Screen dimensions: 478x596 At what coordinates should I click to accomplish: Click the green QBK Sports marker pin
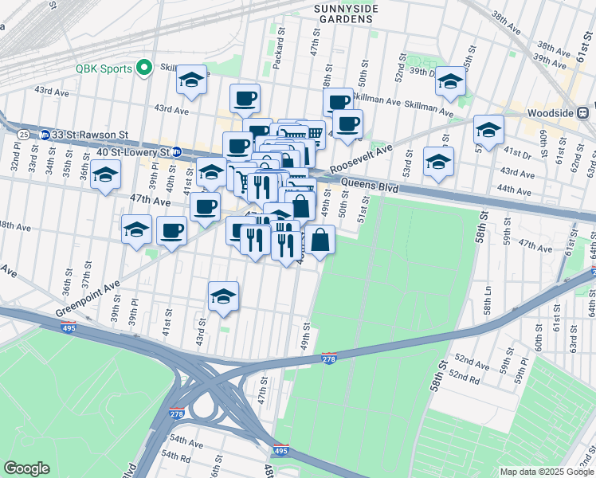click(145, 68)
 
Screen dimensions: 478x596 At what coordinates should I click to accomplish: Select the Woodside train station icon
click(584, 113)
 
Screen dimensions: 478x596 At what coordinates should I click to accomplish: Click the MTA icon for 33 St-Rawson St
click(45, 135)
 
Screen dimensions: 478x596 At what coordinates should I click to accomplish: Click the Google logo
click(27, 468)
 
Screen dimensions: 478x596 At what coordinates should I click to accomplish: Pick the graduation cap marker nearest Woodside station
click(488, 128)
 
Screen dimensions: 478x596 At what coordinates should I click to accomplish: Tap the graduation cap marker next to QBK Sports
click(191, 79)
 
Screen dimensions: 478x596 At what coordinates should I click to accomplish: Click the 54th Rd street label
click(174, 458)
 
